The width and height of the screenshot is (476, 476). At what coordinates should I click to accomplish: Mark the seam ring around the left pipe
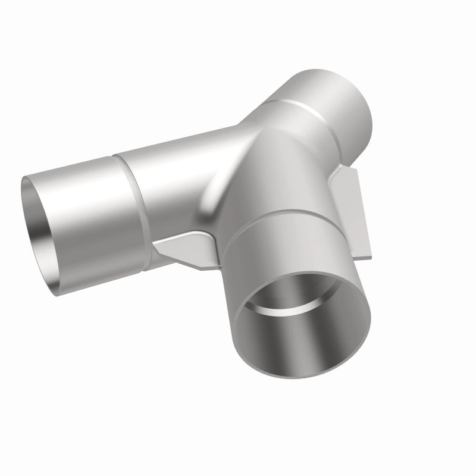(x=129, y=196)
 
